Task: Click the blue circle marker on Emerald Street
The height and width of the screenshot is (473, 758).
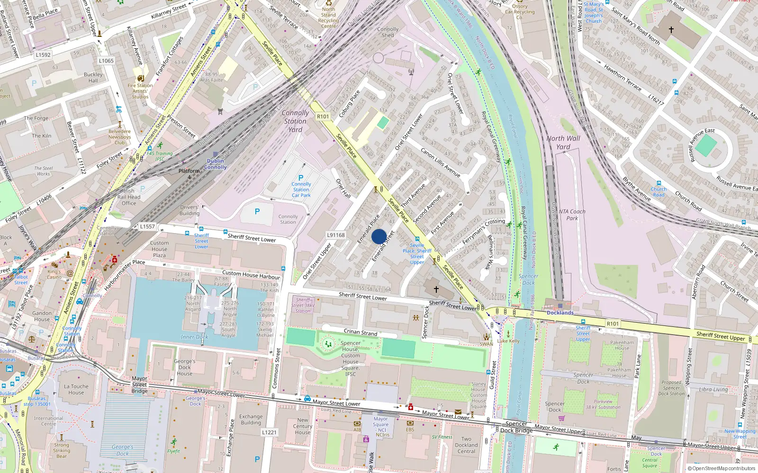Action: click(379, 236)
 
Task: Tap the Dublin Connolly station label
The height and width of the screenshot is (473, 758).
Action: click(216, 164)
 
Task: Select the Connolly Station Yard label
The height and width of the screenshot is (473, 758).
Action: click(295, 121)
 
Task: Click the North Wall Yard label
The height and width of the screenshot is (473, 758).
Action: click(563, 142)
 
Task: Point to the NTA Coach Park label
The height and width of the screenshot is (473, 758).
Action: click(572, 215)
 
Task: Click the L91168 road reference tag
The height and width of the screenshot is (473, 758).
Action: click(336, 235)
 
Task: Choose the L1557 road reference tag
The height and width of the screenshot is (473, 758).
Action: click(147, 227)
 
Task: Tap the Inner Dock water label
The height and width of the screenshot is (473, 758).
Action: click(194, 337)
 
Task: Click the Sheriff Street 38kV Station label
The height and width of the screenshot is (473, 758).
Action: click(303, 305)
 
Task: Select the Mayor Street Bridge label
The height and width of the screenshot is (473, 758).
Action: click(139, 385)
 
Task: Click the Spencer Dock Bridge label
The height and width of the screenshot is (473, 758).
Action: click(516, 427)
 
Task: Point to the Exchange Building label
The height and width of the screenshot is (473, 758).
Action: click(251, 420)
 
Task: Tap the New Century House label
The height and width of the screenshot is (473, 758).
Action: click(302, 426)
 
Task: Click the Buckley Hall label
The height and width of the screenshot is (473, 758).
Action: click(93, 78)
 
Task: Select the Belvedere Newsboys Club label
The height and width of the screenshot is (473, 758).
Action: click(119, 137)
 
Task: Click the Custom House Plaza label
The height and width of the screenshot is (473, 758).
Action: click(159, 249)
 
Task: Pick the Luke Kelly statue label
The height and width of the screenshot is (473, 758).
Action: click(508, 341)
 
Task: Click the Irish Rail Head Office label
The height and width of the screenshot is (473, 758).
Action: click(129, 197)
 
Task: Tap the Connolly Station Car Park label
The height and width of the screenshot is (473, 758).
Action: click(301, 189)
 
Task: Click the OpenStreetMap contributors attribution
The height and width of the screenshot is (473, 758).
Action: click(721, 468)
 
